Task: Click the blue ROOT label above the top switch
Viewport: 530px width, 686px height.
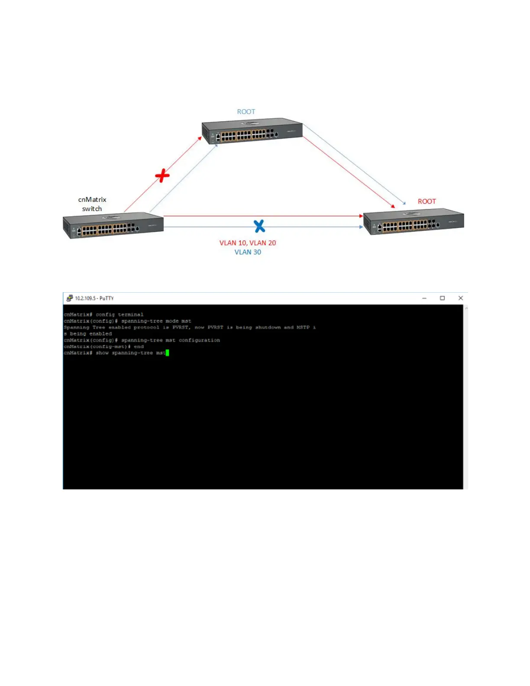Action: pyautogui.click(x=246, y=112)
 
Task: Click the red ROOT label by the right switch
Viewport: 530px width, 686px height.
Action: pyautogui.click(x=427, y=201)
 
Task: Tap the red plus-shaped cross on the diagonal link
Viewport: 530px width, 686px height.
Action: pyautogui.click(x=162, y=175)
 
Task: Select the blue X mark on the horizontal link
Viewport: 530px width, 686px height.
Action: pyautogui.click(x=259, y=226)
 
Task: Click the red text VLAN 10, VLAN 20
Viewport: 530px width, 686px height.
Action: pyautogui.click(x=247, y=243)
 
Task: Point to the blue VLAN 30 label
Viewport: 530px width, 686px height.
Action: pyautogui.click(x=248, y=252)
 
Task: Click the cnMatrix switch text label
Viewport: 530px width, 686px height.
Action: pyautogui.click(x=92, y=204)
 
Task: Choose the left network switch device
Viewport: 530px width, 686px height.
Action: pyautogui.click(x=113, y=225)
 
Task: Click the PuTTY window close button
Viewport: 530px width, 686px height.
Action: pyautogui.click(x=461, y=298)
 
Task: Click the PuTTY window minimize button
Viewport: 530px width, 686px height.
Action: pyautogui.click(x=424, y=298)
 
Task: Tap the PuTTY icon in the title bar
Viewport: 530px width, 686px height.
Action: pyautogui.click(x=69, y=298)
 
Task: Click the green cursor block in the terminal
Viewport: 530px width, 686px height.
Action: pyautogui.click(x=167, y=353)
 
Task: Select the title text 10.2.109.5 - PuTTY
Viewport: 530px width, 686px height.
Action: pyautogui.click(x=94, y=298)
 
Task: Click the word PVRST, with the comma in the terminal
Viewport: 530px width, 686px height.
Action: pyautogui.click(x=181, y=327)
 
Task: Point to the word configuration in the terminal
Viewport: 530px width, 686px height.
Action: pyautogui.click(x=199, y=340)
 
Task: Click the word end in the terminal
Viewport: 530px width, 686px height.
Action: pyautogui.click(x=139, y=347)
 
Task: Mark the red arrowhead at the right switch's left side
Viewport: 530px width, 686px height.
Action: pyautogui.click(x=361, y=216)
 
